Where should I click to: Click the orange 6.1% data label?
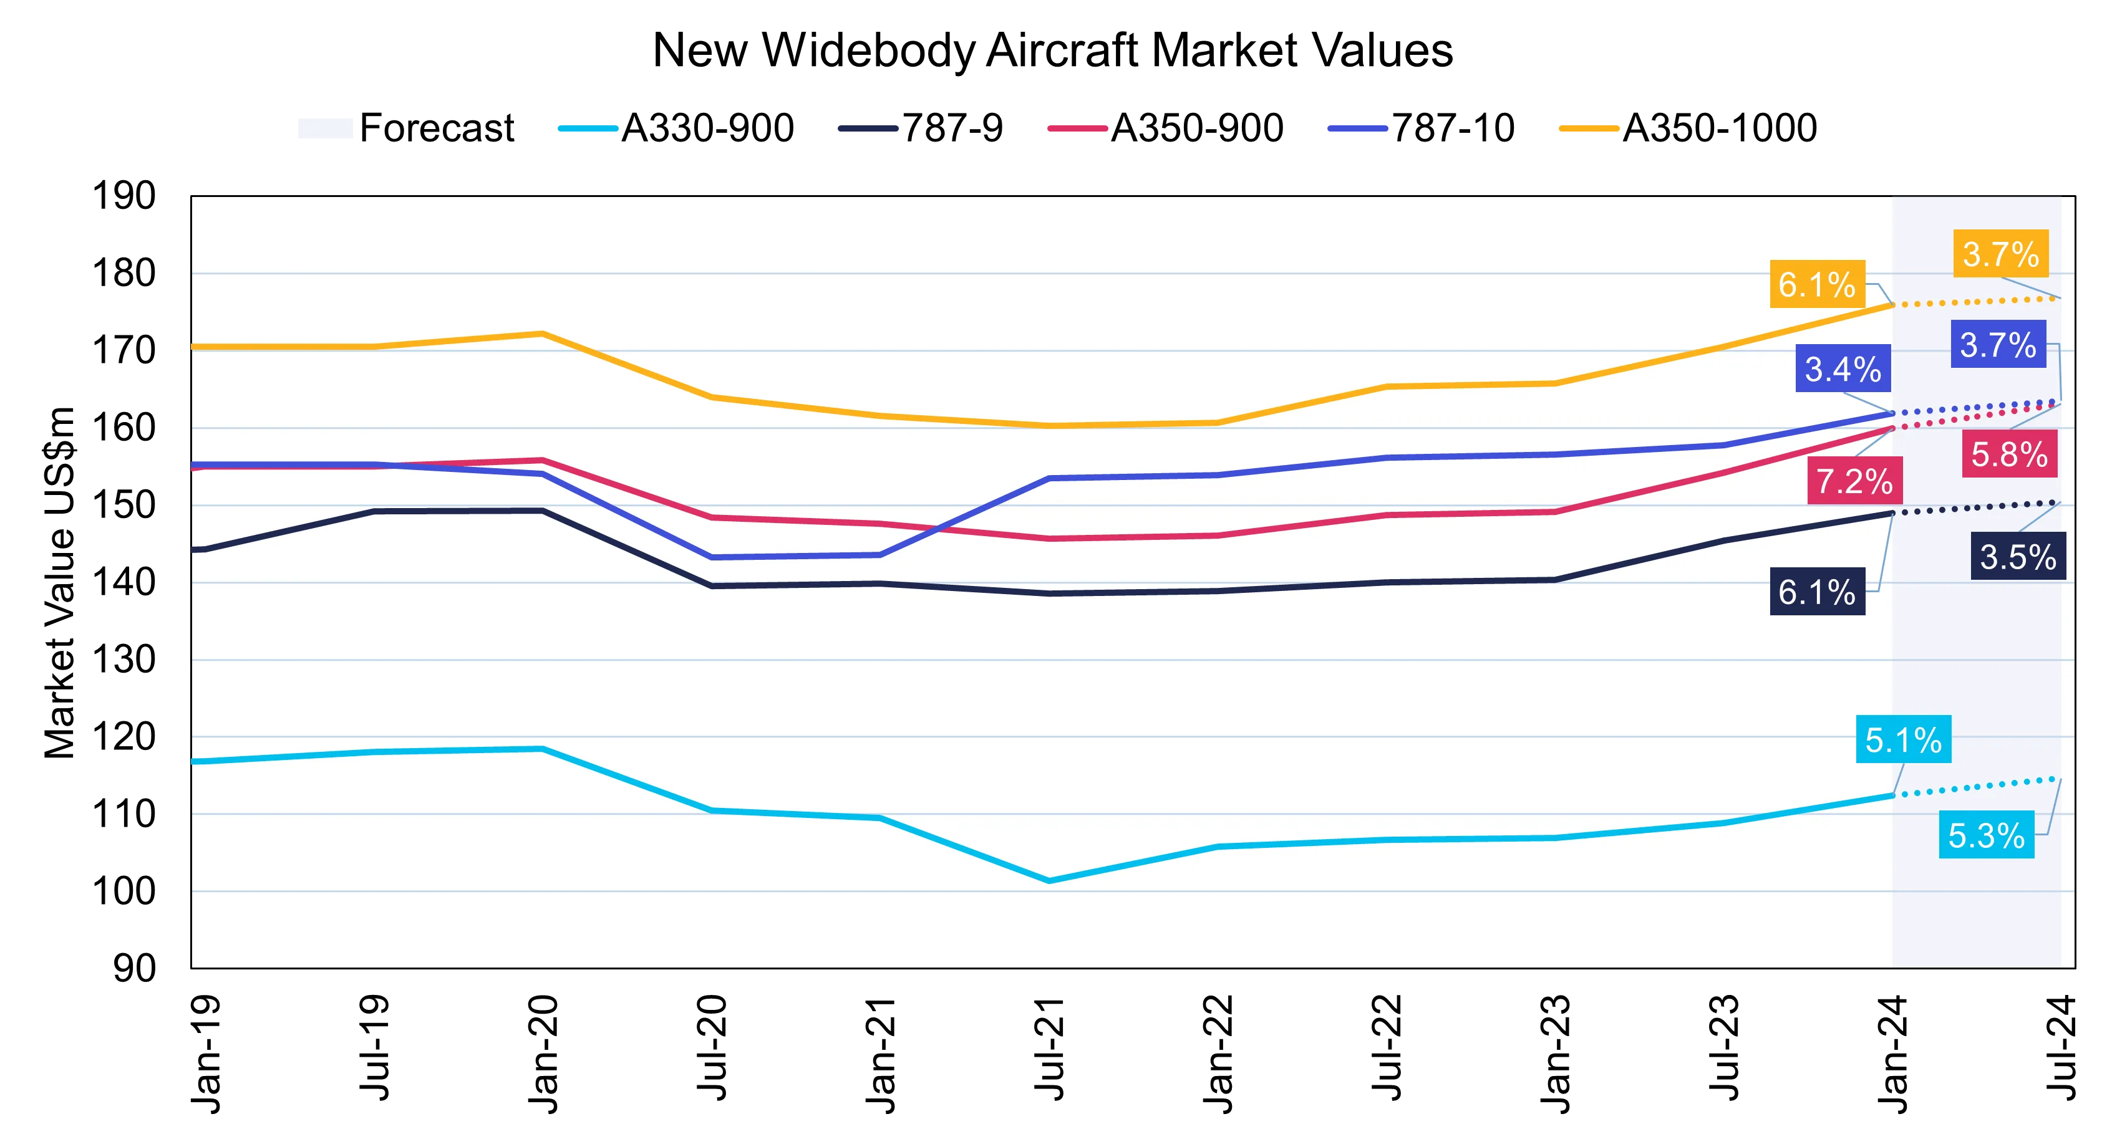click(x=1816, y=284)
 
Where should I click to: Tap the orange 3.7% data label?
click(x=2001, y=254)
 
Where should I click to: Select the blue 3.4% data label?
click(x=1843, y=368)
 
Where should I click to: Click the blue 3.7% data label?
click(x=1997, y=344)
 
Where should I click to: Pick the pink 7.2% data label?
click(x=1854, y=480)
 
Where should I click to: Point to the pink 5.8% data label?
click(x=2009, y=454)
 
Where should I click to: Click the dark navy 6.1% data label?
click(x=1816, y=591)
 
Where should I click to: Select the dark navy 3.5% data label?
click(x=2018, y=556)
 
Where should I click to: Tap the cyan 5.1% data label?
click(x=1902, y=739)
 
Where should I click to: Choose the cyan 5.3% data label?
click(x=1986, y=835)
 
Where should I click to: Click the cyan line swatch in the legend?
click(x=586, y=129)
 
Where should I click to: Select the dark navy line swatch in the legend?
click(x=868, y=129)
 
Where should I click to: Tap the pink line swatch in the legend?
click(x=1077, y=129)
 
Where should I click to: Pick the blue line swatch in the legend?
click(x=1359, y=129)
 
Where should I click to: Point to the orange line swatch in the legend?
click(x=1589, y=129)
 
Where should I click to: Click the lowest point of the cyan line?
click(x=1049, y=880)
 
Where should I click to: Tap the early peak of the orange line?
click(x=542, y=334)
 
